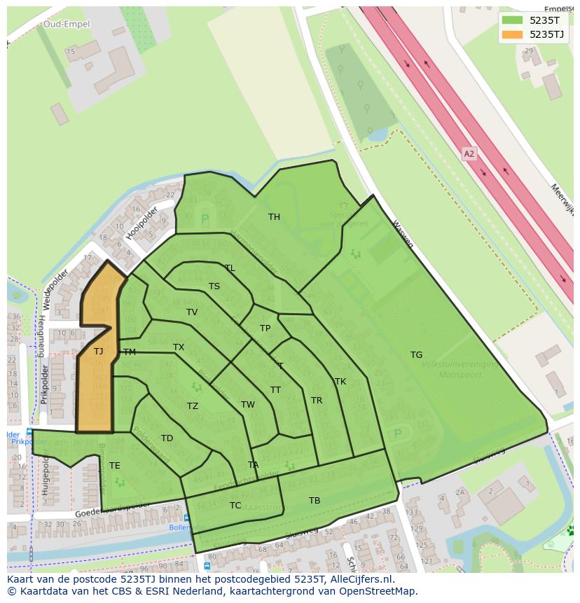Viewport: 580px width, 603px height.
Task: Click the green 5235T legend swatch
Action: pos(512,20)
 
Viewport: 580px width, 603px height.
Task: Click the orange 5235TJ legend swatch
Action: pos(512,34)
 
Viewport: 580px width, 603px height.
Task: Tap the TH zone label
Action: pos(274,217)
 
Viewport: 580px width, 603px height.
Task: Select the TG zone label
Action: pos(416,355)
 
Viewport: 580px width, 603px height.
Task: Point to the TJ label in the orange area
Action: pos(98,352)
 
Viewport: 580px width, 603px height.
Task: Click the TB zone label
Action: pos(315,501)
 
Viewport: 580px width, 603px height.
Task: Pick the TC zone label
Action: pos(235,506)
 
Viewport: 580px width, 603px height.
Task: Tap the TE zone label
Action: pos(114,466)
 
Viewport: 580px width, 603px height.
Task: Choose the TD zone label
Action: pos(167,439)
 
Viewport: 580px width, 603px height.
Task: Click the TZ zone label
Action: pos(192,406)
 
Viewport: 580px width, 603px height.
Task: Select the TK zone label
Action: pos(340,382)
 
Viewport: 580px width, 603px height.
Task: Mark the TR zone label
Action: pos(317,401)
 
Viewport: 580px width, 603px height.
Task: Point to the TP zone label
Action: pos(265,328)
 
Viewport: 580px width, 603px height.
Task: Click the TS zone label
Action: pos(214,286)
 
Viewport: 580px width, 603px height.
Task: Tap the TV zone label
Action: pos(192,312)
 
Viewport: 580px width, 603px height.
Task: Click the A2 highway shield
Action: pos(469,153)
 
